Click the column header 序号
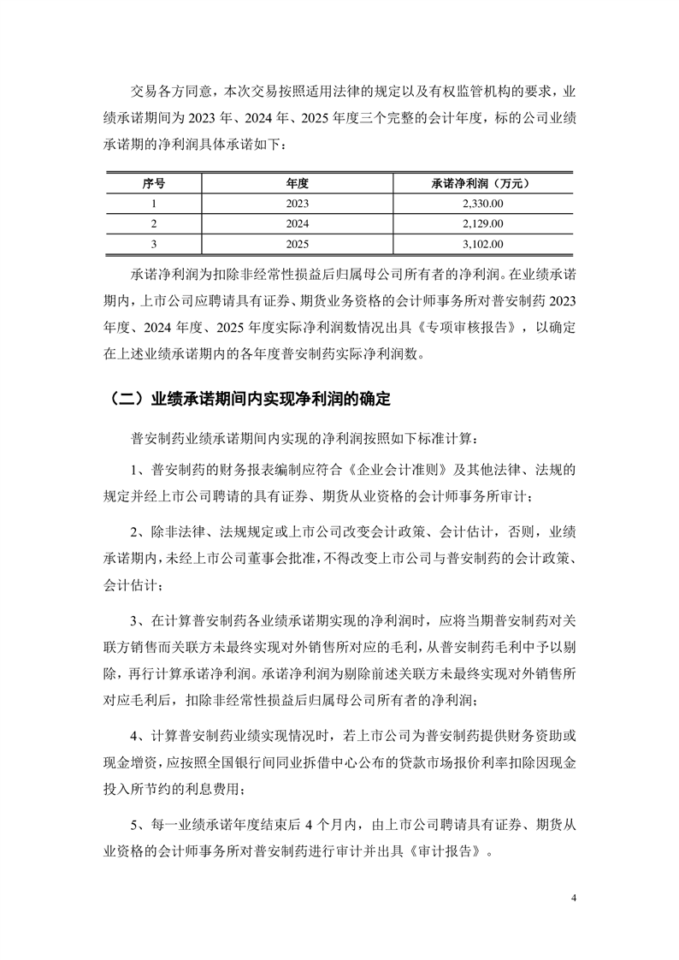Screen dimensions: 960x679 154,183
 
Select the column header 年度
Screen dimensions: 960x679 297,183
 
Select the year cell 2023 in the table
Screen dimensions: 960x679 297,204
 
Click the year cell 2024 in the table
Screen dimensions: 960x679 297,224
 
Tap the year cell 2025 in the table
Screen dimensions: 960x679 297,245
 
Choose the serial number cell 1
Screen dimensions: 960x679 154,204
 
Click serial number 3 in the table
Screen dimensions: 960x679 154,245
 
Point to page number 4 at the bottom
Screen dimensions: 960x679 574,898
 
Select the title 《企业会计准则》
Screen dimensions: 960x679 407,471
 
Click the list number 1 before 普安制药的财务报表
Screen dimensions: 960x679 135,471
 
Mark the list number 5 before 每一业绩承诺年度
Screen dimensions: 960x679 135,827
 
